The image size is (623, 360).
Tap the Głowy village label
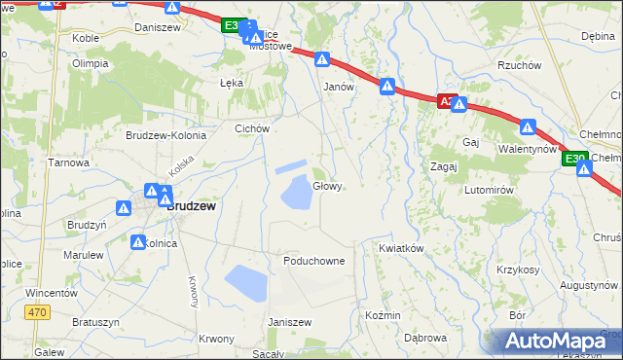coord(327,186)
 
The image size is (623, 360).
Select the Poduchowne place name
coord(313,262)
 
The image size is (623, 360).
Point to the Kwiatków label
coord(401,248)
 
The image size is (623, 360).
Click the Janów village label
coord(337,86)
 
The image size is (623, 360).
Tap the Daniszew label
coord(159,28)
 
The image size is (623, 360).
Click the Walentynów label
coord(527,149)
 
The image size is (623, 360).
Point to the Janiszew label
coord(288,322)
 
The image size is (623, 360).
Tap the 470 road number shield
coord(37,312)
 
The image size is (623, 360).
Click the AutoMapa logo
coord(553,342)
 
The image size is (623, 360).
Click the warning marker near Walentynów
coord(528,126)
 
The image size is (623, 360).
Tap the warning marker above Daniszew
coord(172,8)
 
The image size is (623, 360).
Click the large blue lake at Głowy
coord(297,194)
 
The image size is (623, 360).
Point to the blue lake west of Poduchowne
coord(245,283)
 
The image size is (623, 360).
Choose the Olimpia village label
coord(90,63)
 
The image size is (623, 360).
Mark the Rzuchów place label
coord(518,66)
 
